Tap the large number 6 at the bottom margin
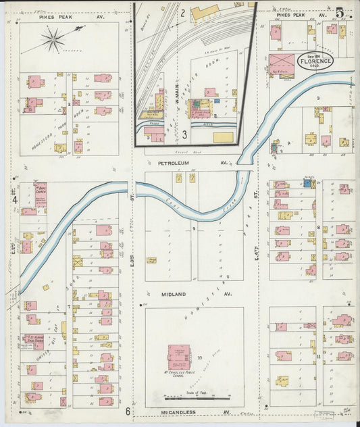(x=127, y=411)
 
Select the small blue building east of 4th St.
(x=307, y=182)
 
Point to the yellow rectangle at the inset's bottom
(x=222, y=137)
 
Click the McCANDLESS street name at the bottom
(x=179, y=411)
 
